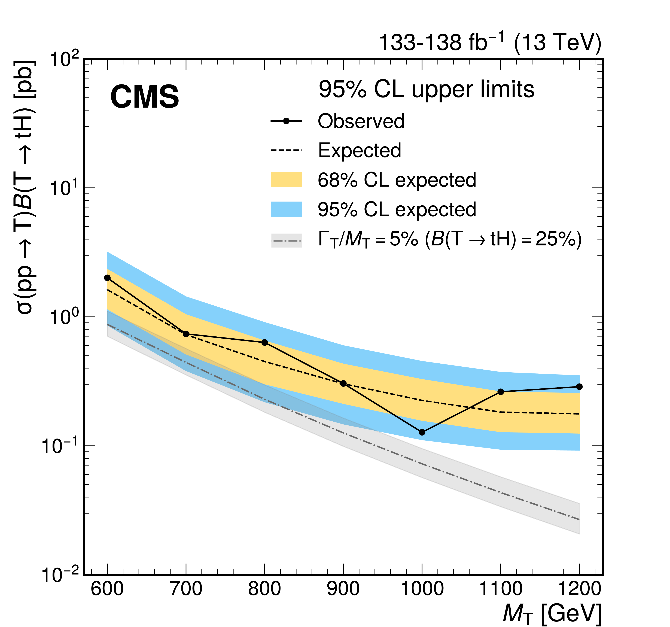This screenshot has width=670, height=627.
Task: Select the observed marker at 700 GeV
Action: click(186, 334)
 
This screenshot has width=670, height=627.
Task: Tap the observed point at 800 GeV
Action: click(265, 342)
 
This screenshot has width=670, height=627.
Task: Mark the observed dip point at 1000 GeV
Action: click(422, 432)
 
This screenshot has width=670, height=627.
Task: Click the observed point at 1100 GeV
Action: click(501, 392)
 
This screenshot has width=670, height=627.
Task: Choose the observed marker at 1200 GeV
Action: click(579, 387)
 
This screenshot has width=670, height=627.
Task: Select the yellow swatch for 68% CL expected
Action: click(287, 180)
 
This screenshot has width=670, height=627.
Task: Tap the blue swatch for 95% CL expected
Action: click(287, 209)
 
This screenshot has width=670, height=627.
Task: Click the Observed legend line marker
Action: click(287, 121)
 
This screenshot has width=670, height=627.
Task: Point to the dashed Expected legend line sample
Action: click(287, 150)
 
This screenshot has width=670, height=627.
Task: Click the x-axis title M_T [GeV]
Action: click(552, 614)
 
